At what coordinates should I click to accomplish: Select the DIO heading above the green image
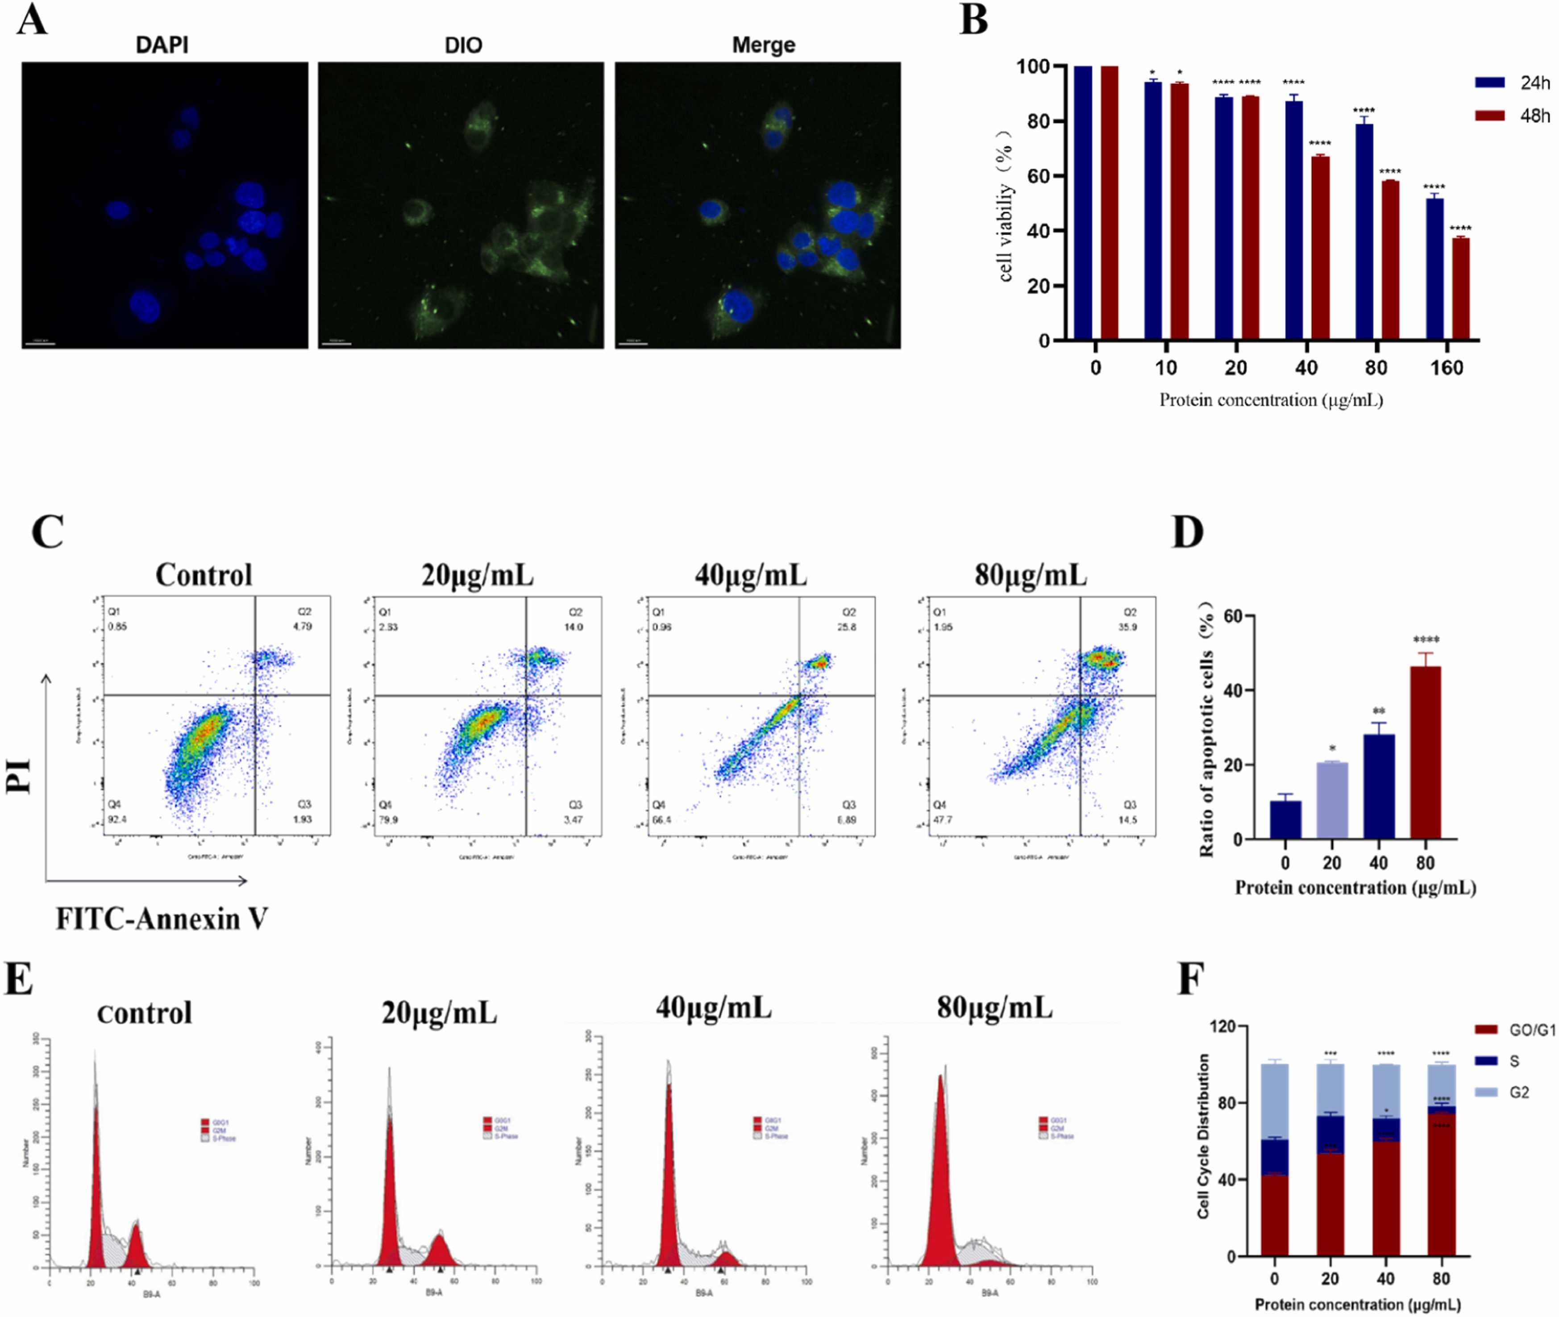(x=463, y=45)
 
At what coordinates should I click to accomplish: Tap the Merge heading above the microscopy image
(x=763, y=45)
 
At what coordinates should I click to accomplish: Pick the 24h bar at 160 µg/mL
(x=1434, y=269)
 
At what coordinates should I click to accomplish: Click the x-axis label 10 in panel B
(x=1165, y=367)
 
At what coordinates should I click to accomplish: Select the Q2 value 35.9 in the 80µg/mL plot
(x=1127, y=627)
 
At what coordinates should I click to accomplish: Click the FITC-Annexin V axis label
(x=161, y=918)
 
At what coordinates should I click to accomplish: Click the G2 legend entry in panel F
(x=1517, y=1092)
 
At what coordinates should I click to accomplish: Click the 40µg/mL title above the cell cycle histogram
(x=713, y=1008)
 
